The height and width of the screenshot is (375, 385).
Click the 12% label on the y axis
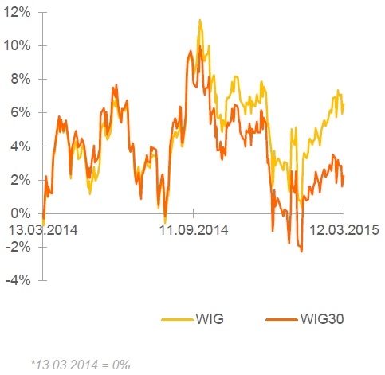[x=17, y=13]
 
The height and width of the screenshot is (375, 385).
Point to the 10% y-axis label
[x=17, y=46]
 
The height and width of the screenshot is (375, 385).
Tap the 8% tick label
[x=21, y=80]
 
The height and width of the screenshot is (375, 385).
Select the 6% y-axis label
[x=21, y=113]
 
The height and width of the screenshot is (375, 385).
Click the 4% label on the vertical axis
[x=21, y=146]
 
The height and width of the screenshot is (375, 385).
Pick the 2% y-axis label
[x=21, y=180]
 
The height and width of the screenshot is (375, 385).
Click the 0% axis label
[x=21, y=213]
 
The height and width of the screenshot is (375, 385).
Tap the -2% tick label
[x=18, y=247]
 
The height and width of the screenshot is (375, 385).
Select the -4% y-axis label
[x=18, y=280]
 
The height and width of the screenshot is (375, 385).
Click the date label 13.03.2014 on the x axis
[x=43, y=230]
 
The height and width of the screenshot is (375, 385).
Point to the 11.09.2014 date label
[x=194, y=230]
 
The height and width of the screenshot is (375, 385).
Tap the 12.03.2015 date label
[x=344, y=230]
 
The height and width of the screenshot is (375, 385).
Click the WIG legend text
[x=210, y=318]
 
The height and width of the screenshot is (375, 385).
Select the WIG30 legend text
[x=322, y=318]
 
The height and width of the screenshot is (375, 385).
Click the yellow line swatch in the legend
[x=177, y=319]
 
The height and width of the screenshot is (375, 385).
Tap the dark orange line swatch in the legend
[x=281, y=319]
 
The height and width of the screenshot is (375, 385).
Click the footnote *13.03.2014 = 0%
[x=81, y=365]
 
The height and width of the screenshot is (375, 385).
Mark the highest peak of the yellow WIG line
[x=200, y=20]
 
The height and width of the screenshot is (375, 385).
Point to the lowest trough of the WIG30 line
[x=301, y=252]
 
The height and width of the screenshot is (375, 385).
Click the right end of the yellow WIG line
[x=344, y=104]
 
